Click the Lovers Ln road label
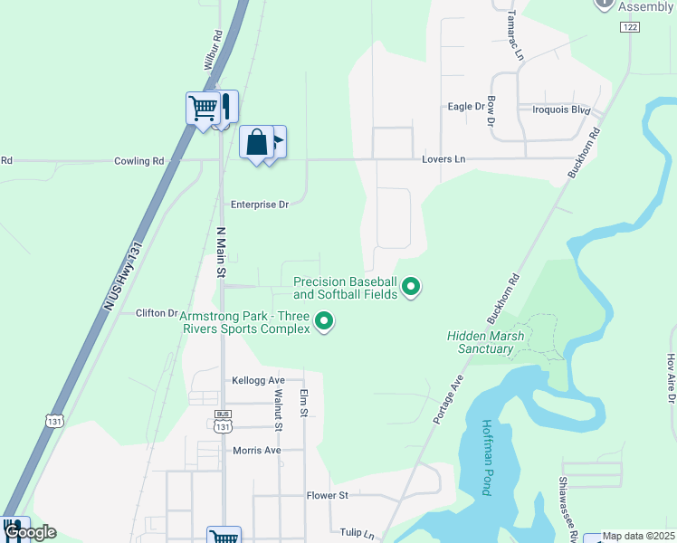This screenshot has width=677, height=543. pos(443,159)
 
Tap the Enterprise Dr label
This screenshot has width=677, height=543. pos(259,205)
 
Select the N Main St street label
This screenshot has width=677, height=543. pos(220,252)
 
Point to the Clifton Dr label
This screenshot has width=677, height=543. pos(157,313)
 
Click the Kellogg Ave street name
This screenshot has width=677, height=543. pos(258,381)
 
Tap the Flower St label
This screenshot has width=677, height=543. pos(327,496)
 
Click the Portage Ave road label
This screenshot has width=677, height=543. pos(447,399)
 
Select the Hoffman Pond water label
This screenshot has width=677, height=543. pos(486,457)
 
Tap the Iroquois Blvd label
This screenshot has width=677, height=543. pos(561,110)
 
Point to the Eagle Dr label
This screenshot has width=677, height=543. pos(466,107)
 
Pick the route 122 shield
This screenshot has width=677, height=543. pos(630,28)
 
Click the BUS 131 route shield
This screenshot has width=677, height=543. pos(224,421)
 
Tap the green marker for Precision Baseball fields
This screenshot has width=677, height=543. pos(412,287)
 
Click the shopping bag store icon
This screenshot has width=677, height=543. pos(257,143)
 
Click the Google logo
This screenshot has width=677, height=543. pos(30,532)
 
